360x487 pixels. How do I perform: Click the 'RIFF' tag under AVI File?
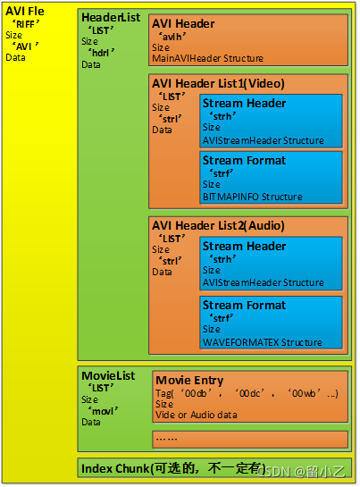click(x=26, y=24)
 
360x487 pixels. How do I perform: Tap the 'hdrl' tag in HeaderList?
click(x=101, y=53)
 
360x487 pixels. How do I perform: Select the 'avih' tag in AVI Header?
click(x=172, y=37)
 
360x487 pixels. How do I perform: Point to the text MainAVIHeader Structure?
click(x=207, y=58)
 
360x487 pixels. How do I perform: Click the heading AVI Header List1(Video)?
click(x=218, y=83)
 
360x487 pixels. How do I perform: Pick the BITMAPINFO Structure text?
click(x=252, y=197)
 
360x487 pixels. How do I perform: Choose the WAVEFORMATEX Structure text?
click(x=263, y=342)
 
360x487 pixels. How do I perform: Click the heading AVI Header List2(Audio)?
click(x=218, y=225)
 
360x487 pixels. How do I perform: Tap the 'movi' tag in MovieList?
click(x=103, y=410)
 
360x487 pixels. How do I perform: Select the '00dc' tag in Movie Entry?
click(x=249, y=393)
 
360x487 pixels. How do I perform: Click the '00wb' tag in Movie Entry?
click(x=304, y=393)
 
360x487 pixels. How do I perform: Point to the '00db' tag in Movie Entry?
click(x=196, y=393)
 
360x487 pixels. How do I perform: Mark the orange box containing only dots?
click(x=250, y=439)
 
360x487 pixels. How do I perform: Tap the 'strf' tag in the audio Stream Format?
click(x=222, y=318)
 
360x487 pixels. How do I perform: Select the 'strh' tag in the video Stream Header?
click(x=222, y=116)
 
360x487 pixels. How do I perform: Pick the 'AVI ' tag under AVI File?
click(x=26, y=46)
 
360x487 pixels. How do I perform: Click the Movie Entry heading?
click(x=189, y=380)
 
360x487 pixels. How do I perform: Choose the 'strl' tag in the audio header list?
click(x=171, y=261)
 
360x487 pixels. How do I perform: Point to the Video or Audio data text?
click(x=196, y=415)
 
